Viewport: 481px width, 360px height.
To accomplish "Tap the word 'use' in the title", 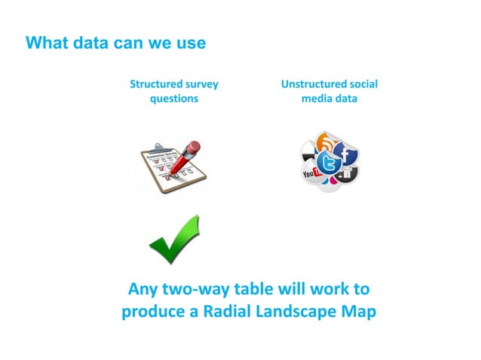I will pos(189,43).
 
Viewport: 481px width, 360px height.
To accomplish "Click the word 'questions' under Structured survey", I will pos(174,99).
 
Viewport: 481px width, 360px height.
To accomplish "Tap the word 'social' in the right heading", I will pos(364,84).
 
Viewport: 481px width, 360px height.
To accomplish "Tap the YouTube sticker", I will pos(311,175).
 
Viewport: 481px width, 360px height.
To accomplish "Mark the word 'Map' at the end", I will pos(357,311).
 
